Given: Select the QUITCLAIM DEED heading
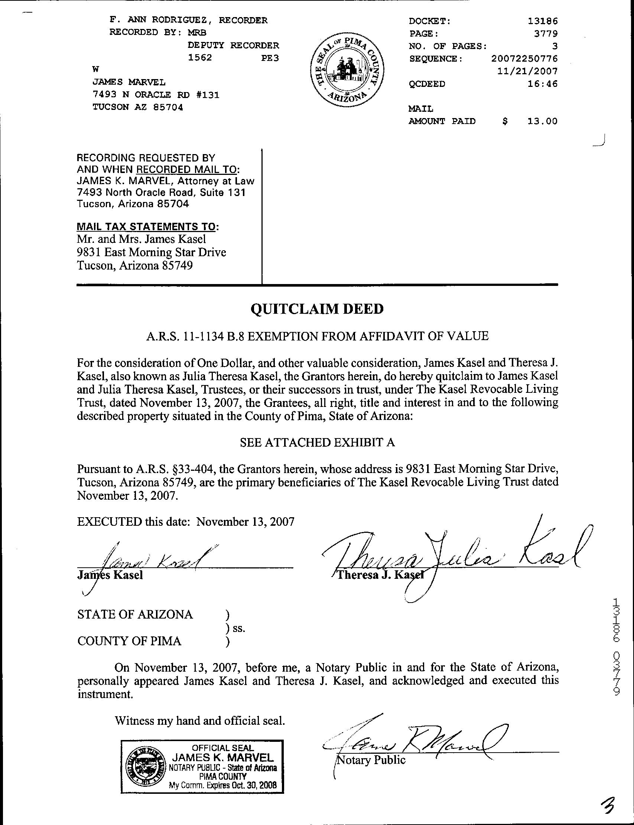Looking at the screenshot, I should click(x=317, y=309).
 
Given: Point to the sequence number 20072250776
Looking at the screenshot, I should click(x=524, y=58).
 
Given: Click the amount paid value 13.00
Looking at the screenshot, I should click(x=542, y=121).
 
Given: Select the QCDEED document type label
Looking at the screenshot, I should click(x=427, y=84).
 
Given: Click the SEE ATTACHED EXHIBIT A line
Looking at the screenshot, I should click(x=317, y=442).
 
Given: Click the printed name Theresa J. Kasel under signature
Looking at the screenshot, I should click(x=380, y=575).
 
